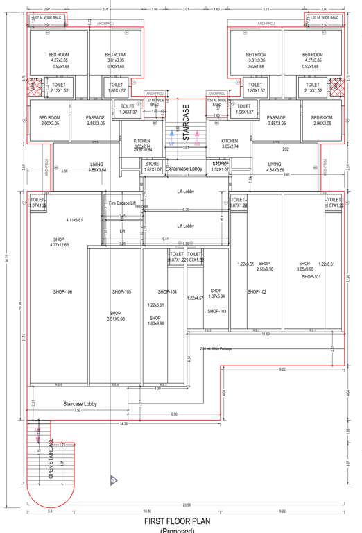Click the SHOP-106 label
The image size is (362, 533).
click(x=62, y=291)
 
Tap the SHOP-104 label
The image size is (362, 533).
click(x=167, y=291)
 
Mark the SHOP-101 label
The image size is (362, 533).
click(x=311, y=276)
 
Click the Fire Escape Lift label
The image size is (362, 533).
click(x=122, y=203)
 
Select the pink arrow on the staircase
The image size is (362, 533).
click(x=198, y=135)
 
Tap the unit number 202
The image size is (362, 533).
click(x=284, y=149)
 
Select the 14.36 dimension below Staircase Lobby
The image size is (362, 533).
click(x=123, y=423)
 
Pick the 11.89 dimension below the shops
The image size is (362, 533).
click(x=265, y=334)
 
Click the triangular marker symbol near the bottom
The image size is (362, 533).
click(x=113, y=479)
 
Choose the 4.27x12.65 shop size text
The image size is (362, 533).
click(x=60, y=244)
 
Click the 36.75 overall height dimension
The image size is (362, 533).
click(x=6, y=255)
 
